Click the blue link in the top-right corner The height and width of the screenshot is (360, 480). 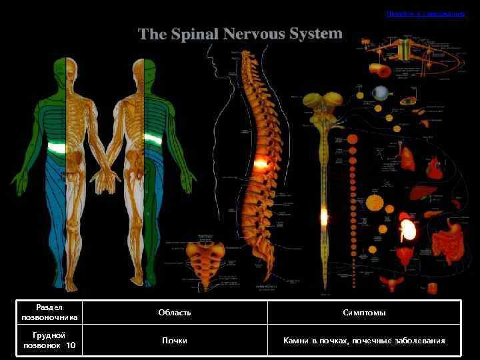tap(425, 13)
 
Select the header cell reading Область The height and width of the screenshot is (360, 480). tap(175, 313)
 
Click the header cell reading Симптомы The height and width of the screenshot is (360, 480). tap(364, 313)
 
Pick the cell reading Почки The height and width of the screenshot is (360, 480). tap(175, 341)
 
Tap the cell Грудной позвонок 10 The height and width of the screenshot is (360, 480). tap(49, 341)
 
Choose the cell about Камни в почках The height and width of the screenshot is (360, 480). tap(364, 341)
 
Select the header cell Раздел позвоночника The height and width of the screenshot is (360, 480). tap(49, 313)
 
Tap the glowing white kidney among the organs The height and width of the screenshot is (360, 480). tap(407, 229)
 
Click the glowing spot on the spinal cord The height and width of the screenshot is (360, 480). tap(324, 216)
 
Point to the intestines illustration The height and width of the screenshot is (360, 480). tap(445, 242)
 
